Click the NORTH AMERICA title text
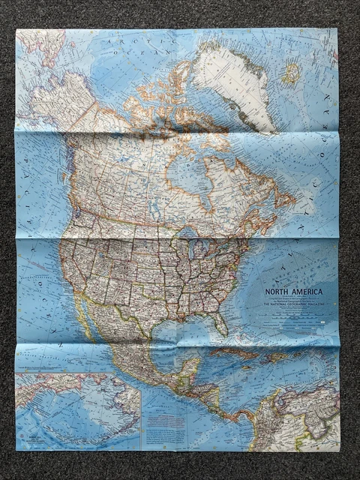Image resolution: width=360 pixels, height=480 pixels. click(x=292, y=291)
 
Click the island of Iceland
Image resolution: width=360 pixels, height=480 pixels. click(x=291, y=72)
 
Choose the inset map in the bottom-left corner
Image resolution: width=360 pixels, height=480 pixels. click(x=76, y=411)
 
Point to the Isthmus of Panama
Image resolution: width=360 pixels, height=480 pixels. click(x=238, y=417)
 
